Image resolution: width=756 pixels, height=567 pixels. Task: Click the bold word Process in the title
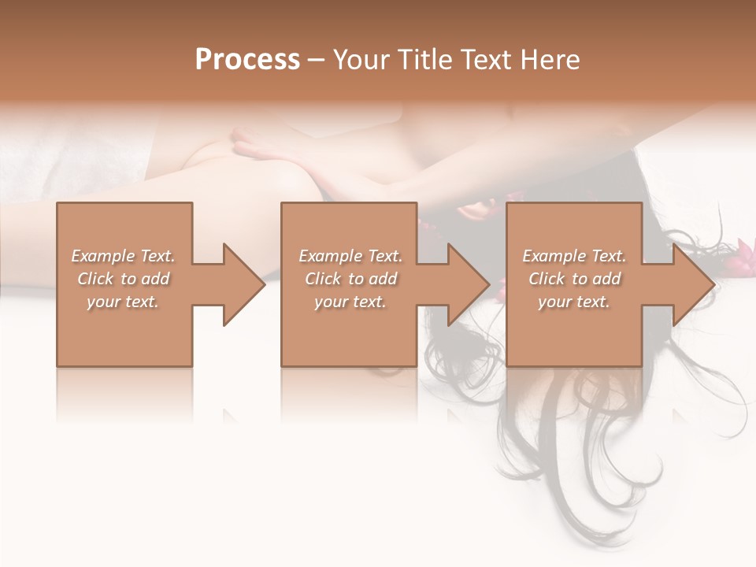247,60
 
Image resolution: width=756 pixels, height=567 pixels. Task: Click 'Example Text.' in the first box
124,256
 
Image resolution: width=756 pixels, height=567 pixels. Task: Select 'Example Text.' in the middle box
350,256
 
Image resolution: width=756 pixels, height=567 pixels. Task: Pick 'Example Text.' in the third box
574,256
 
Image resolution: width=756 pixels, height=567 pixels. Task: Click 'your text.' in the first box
123,302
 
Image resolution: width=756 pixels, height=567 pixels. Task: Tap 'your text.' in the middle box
350,302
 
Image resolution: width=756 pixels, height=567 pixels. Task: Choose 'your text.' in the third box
574,302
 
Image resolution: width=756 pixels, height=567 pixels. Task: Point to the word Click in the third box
547,279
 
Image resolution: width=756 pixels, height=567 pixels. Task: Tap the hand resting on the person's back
260,146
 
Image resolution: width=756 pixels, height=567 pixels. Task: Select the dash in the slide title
315,60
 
